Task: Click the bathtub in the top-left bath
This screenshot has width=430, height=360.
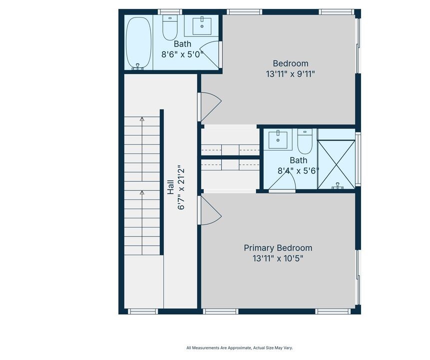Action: pyautogui.click(x=138, y=42)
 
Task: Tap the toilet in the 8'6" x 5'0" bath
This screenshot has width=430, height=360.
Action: pyautogui.click(x=170, y=27)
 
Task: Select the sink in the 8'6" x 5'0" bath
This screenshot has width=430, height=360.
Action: pyautogui.click(x=202, y=26)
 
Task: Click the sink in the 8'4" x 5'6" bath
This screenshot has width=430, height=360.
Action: pyautogui.click(x=278, y=140)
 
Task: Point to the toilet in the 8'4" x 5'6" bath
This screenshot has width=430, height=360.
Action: pyautogui.click(x=305, y=141)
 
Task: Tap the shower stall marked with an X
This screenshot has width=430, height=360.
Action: pyautogui.click(x=336, y=164)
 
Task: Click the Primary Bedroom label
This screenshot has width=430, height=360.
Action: pyautogui.click(x=278, y=248)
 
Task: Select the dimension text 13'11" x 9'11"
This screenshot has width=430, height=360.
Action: pyautogui.click(x=291, y=74)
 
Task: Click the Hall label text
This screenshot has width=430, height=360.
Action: pyautogui.click(x=171, y=187)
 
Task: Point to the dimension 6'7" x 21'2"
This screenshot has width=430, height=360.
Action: pyautogui.click(x=181, y=187)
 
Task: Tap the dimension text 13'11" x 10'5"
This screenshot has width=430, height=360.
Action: pyautogui.click(x=278, y=258)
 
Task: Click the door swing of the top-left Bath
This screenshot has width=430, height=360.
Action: pyautogui.click(x=211, y=54)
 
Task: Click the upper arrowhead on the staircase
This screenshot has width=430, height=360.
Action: pyautogui.click(x=142, y=119)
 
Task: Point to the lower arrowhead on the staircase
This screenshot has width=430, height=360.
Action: pyautogui.click(x=142, y=193)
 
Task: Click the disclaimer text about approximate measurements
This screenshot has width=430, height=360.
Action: pyautogui.click(x=240, y=348)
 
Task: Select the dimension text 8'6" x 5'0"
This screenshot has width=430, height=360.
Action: pyautogui.click(x=182, y=54)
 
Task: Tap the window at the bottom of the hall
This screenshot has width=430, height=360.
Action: pyautogui.click(x=143, y=311)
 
